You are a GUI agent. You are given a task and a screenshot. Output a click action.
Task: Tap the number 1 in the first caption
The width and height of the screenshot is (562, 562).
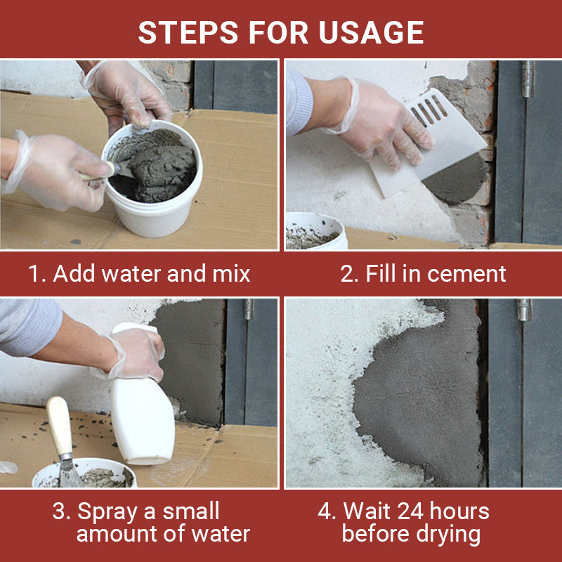point(34,273)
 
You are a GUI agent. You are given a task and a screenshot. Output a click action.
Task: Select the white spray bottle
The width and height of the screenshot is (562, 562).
point(142,414)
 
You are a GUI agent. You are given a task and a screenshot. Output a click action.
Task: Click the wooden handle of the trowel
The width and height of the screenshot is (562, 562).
point(60,425)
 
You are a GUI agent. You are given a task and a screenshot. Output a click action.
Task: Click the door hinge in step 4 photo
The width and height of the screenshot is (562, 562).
point(524,310)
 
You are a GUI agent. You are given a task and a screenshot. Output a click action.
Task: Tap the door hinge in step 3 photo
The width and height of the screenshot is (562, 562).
point(247,309)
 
